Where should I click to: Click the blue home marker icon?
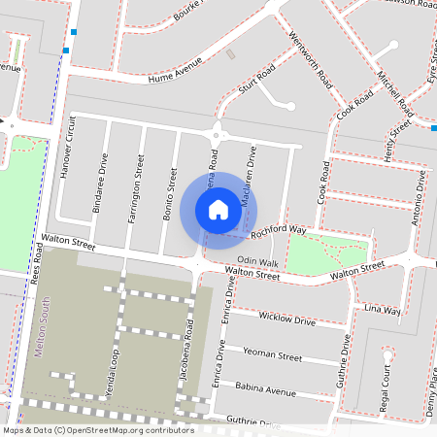(x=218, y=209)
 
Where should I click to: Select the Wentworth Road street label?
(x=311, y=59)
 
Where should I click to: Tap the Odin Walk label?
(x=258, y=262)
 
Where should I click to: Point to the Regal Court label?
(x=386, y=383)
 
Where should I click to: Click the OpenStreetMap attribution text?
(x=97, y=429)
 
